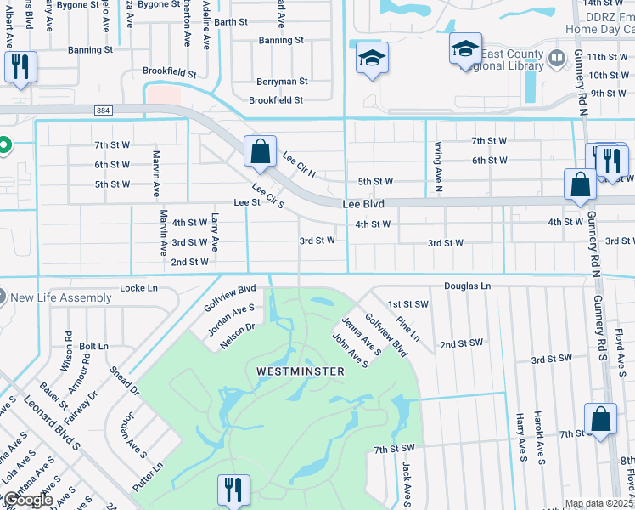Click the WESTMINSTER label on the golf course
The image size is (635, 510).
coord(301,371)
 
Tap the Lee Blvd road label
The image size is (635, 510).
coord(363,205)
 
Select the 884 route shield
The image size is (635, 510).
coord(104,110)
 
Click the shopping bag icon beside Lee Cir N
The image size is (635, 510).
coord(261,152)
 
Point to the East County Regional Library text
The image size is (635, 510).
coord(511,60)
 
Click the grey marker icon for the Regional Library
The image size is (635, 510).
coord(557,59)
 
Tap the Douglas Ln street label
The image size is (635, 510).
coord(467,287)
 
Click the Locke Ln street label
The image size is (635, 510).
coord(139,289)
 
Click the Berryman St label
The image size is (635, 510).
coord(282,82)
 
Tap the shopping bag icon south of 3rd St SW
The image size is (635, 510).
coord(600,419)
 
